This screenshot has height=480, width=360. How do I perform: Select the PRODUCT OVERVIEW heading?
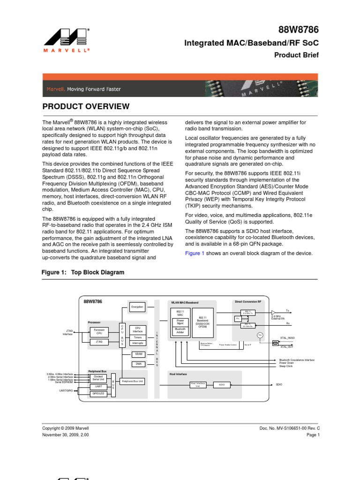coord(86,106)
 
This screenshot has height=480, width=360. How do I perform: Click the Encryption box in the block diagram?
coord(137,307)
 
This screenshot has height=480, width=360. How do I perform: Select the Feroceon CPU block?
coord(99,331)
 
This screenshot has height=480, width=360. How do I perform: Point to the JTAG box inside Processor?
coord(99,342)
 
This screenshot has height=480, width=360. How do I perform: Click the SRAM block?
coord(138,354)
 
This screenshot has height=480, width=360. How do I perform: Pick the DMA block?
coord(138,363)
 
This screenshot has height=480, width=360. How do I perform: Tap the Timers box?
coord(138,337)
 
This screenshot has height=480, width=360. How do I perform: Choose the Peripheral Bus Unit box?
coord(132,382)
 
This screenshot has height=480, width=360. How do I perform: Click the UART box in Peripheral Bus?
coord(98,386)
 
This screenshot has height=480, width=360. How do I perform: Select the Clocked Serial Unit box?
coord(98,377)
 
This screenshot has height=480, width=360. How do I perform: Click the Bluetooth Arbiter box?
coord(180,331)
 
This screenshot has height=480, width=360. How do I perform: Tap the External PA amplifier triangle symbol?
coord(274,312)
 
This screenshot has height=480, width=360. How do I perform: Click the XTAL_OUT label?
coord(287,347)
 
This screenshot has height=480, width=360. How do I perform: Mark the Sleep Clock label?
coord(286,366)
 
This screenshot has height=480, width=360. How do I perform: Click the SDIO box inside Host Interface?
coord(222,384)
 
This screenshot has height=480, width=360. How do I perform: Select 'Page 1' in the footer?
coord(313,435)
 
